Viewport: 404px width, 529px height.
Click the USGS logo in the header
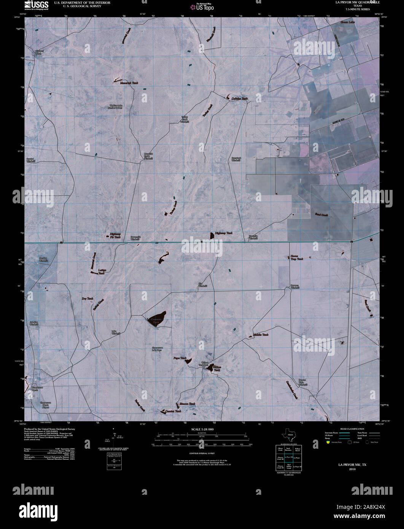tap(36, 5)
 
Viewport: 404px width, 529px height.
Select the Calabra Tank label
tap(240, 99)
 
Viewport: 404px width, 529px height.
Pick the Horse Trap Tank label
tap(297, 258)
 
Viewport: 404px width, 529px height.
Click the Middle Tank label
tap(261, 335)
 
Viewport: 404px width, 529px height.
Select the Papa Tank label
tap(180, 358)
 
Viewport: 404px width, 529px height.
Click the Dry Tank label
tap(87, 299)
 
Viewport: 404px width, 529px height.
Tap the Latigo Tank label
tap(102, 271)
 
